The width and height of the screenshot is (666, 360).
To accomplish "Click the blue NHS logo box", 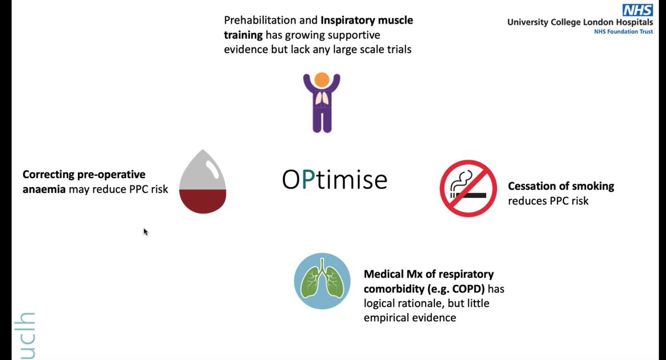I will pos(637,10).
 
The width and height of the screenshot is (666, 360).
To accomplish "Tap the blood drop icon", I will pos(203,182).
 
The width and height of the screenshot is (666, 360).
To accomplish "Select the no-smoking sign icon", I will pos(468,189).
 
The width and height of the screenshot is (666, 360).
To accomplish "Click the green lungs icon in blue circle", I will pos(322,281).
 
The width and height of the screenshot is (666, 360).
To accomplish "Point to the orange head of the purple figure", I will pos(321,80).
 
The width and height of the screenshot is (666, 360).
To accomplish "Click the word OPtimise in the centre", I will pos(334,180).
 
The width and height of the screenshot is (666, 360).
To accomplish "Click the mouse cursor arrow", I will pos(145,231).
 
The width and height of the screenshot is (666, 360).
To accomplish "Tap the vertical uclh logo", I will pos(27,336).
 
